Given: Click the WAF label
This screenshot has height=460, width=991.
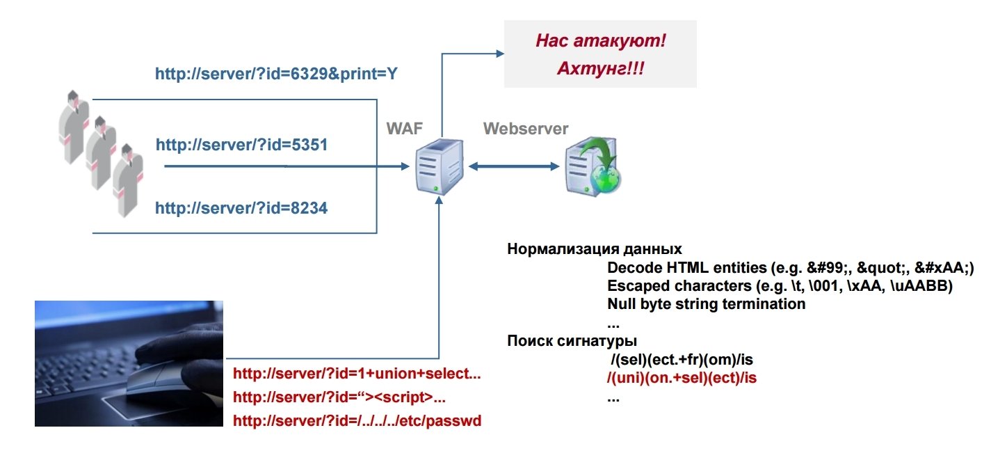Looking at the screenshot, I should point(405,129).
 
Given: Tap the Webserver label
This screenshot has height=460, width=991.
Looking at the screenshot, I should point(526,129).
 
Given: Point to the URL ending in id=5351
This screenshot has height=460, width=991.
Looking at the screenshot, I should point(241,145).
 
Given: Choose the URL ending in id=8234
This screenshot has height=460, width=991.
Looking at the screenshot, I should point(241,207).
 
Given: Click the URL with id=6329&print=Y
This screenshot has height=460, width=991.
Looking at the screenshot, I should point(276,73).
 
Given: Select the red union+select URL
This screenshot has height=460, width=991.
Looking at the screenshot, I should point(357,374).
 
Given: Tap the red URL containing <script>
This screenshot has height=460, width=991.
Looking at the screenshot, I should point(339,397).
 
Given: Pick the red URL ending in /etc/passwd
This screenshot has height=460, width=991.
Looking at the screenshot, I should point(357,421).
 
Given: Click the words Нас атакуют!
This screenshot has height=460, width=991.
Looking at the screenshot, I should point(600,41).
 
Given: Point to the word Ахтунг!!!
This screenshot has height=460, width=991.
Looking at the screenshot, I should point(600,70).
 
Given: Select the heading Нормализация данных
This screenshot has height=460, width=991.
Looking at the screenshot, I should point(595,249).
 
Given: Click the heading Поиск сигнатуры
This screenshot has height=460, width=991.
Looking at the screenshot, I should point(572,341).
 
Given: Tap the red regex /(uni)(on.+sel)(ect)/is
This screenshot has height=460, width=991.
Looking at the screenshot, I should point(682,379).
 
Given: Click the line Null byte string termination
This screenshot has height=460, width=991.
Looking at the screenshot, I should point(706,304).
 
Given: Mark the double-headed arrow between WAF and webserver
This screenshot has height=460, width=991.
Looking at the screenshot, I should point(514,166).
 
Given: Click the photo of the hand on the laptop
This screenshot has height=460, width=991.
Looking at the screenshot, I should point(129,363).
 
